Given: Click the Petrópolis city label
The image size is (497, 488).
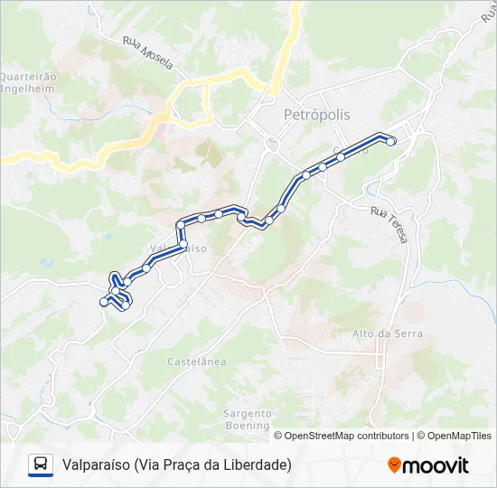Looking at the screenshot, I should (x=316, y=115).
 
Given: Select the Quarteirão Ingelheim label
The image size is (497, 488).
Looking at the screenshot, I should (x=28, y=82).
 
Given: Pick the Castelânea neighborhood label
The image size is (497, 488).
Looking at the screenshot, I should (x=196, y=361).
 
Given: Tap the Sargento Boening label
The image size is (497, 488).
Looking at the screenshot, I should (x=247, y=418).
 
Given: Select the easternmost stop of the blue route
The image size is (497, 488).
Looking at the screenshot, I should (x=391, y=140).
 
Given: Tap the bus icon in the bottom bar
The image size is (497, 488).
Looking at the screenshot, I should (x=41, y=465).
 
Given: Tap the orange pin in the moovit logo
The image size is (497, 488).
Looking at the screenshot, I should (x=394, y=465).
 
